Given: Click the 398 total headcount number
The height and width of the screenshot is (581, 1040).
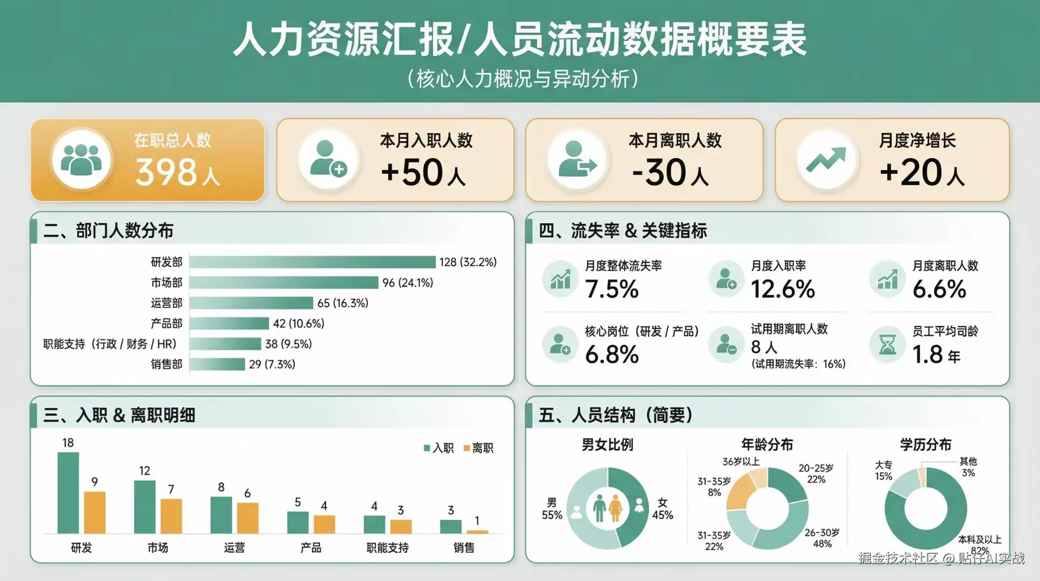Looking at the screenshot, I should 166,172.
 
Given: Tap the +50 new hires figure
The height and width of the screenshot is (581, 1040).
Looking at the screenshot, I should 412,172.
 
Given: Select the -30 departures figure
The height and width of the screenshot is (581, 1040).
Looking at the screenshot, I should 661,172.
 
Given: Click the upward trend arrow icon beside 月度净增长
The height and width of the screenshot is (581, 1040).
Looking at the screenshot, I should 826,160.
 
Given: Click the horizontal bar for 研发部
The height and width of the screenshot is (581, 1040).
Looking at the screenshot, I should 312,262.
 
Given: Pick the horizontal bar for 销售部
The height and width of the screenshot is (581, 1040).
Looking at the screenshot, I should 217,364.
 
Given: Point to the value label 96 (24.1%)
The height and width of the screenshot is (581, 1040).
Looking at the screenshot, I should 407,282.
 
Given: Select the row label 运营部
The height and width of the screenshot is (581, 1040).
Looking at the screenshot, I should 167,303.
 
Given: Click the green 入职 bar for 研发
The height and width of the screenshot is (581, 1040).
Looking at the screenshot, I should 68,492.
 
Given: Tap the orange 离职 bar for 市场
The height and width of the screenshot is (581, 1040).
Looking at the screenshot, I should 171,515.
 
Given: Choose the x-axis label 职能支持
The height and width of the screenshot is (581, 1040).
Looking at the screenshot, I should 388,548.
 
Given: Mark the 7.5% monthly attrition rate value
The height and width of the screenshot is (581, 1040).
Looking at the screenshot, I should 612,289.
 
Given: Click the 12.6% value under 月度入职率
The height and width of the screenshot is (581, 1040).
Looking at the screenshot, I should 783,289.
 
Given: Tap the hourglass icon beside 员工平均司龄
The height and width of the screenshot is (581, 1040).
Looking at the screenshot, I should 887,344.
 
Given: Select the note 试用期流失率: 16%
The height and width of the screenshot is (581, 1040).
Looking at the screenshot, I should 798,364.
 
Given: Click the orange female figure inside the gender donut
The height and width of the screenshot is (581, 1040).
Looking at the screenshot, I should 616,508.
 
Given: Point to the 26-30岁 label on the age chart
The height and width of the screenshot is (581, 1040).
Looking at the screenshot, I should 822,538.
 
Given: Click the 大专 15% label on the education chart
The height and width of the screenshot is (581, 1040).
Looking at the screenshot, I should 883,470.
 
